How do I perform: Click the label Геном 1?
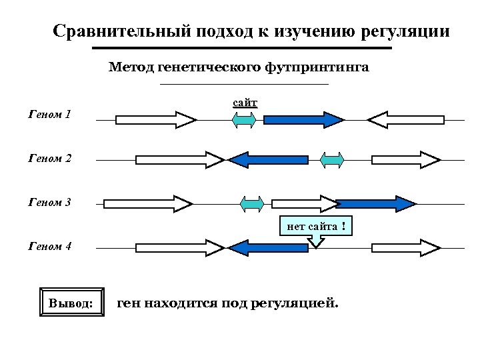pos(50,115)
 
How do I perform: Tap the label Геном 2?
pos(50,159)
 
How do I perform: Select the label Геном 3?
pos(50,203)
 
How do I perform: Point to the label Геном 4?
pos(50,247)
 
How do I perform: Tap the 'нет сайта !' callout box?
pos(315,227)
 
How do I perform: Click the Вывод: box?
pos(71,304)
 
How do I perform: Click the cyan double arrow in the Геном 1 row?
pos(244,120)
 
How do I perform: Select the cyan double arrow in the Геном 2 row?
pos(332,159)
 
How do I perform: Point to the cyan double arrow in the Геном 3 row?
pos(252,203)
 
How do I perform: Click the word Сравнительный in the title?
pos(123,31)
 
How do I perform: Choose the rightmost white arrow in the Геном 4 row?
pos(405,248)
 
